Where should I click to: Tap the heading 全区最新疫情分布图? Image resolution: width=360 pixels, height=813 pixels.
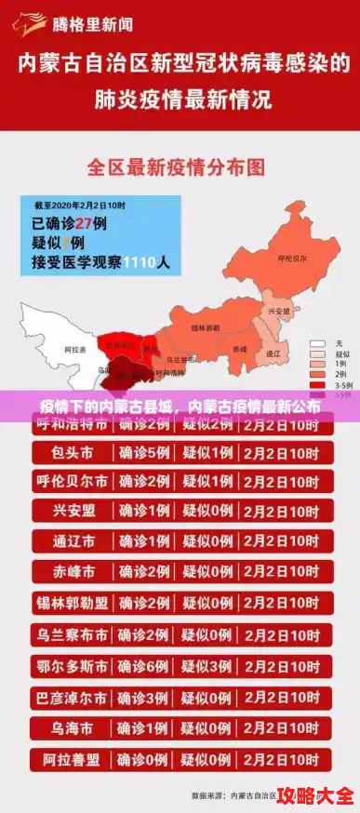[x=177, y=167]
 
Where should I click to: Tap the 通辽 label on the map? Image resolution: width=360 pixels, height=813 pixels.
[x=273, y=353]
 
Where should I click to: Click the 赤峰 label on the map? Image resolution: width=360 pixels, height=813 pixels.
[x=239, y=347]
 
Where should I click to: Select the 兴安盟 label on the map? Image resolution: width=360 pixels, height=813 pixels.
[x=278, y=311]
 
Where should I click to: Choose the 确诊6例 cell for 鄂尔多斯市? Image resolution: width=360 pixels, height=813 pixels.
[x=144, y=667]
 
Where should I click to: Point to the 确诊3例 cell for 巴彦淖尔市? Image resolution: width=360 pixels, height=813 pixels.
[x=144, y=698]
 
